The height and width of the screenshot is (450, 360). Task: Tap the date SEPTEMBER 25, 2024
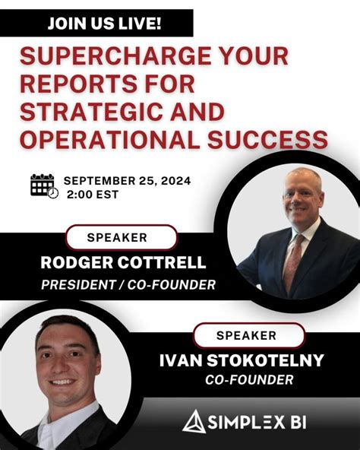[127, 181]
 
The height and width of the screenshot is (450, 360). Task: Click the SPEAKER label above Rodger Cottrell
[117, 237]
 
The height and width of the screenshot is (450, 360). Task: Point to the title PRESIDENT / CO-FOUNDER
[117, 285]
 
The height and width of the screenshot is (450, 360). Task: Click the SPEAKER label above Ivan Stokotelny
[247, 334]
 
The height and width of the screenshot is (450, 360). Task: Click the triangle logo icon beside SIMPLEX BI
[193, 420]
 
